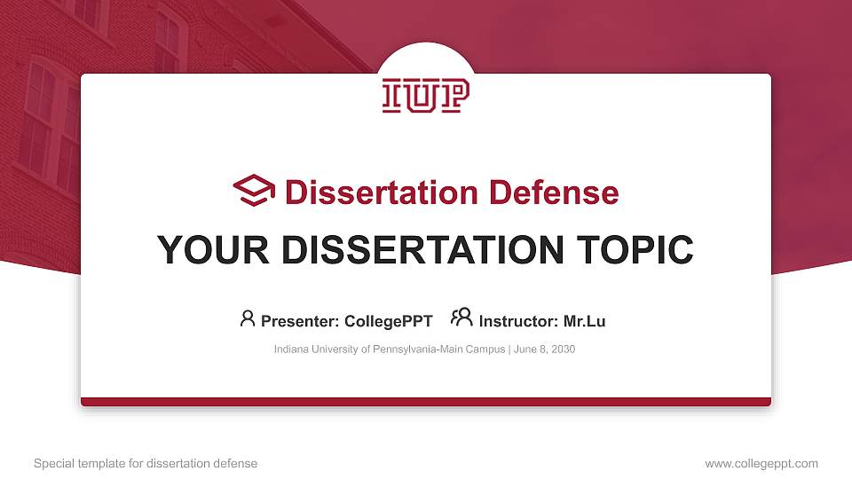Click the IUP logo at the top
(426, 96)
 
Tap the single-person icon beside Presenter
(248, 318)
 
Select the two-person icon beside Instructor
(461, 318)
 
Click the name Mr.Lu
(585, 321)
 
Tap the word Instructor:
(518, 321)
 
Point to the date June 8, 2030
(546, 349)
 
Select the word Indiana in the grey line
(292, 349)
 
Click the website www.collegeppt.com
(761, 463)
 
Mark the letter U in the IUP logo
(426, 96)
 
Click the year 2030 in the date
(563, 349)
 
